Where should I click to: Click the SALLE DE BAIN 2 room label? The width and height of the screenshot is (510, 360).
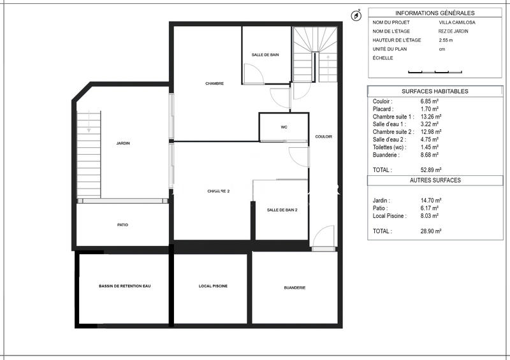[x=282, y=210]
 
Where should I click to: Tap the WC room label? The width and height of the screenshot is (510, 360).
[x=284, y=127]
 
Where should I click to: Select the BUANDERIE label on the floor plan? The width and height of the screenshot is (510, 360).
[x=295, y=287]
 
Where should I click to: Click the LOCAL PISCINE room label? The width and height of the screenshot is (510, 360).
[x=213, y=286]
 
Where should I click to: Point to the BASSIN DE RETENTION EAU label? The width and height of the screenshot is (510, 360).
[x=124, y=286]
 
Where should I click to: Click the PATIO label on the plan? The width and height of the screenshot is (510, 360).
[x=122, y=224]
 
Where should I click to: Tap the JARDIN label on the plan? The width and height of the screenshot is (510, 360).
[x=123, y=143]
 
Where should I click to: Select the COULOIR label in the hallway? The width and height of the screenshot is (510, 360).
[x=324, y=136]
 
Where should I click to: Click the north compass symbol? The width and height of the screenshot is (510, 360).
[x=356, y=15]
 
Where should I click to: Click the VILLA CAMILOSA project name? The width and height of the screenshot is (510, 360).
[x=456, y=22]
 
